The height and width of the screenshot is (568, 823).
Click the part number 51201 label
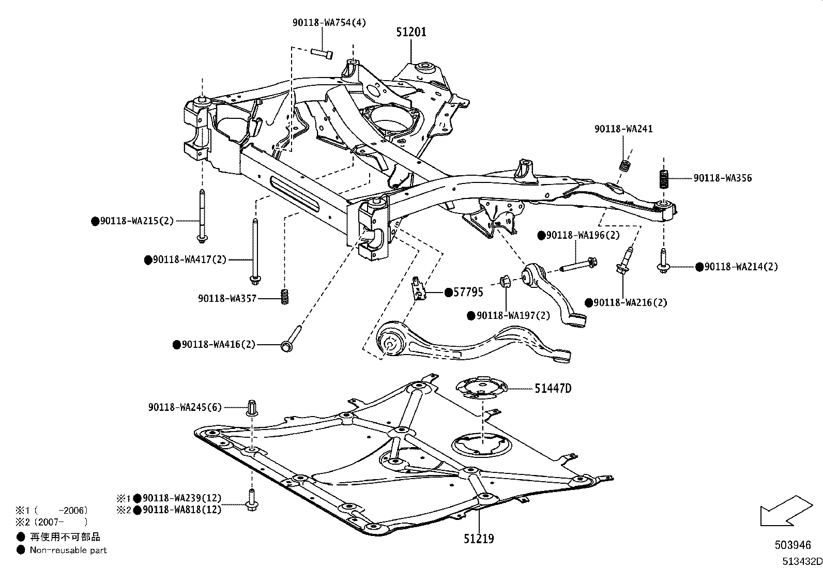tap(411, 32)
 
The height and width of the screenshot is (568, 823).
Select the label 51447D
tap(553, 388)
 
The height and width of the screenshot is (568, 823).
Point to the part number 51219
tap(478, 539)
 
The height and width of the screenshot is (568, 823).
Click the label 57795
tap(468, 293)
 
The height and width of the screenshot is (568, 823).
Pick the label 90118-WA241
tap(623, 129)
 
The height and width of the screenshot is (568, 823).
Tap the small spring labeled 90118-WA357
tap(284, 297)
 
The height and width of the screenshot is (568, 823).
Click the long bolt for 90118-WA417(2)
tap(254, 251)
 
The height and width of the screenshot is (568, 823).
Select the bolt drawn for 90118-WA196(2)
tap(578, 264)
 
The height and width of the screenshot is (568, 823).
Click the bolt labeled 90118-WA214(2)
tap(663, 262)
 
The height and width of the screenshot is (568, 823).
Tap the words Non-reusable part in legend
tap(68, 550)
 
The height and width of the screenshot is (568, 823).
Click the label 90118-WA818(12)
tap(182, 510)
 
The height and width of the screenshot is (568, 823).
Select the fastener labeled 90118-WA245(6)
tap(252, 408)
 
